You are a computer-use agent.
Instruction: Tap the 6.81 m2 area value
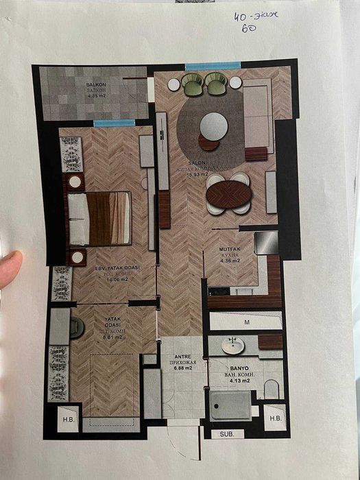coord(93,337)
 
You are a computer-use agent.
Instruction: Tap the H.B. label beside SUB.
coord(275,418)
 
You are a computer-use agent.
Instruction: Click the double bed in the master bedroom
coord(100,218)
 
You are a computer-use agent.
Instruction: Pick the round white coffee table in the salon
coord(214,125)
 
